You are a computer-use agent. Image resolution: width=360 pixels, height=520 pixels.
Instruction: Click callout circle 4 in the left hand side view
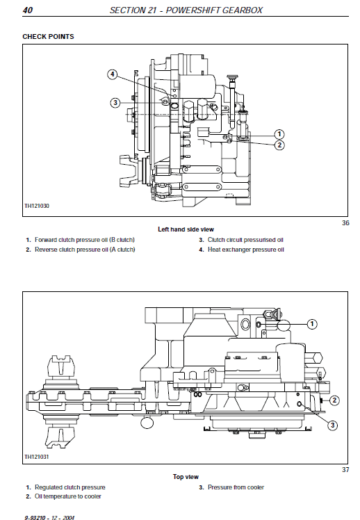[x=113, y=74]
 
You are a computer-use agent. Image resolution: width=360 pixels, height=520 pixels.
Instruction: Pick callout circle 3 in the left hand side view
[x=115, y=103]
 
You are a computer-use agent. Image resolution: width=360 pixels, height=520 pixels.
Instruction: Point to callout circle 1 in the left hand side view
[x=279, y=133]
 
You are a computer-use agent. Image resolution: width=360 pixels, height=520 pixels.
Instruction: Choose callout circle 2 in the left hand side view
[x=279, y=145]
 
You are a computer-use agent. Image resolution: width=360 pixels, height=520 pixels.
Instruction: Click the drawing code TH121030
[x=38, y=206]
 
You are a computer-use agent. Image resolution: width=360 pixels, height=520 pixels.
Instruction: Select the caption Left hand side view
[x=186, y=229]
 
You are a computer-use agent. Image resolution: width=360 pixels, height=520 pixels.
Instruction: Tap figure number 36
[x=345, y=223]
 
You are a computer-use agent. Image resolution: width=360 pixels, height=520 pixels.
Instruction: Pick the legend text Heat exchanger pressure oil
[x=246, y=250]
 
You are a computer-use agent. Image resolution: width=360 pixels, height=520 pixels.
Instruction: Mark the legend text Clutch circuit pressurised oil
[x=245, y=240]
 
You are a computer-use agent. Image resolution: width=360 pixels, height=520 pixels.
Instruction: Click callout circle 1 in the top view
[x=312, y=323]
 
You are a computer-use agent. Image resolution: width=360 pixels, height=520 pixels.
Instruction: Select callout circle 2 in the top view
[x=334, y=400]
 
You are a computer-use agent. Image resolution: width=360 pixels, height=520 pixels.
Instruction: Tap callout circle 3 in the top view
[x=332, y=425]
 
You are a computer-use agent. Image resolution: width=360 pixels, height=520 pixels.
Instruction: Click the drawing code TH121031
[x=38, y=457]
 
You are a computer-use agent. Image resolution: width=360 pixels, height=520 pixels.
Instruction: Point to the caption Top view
[x=186, y=477]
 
